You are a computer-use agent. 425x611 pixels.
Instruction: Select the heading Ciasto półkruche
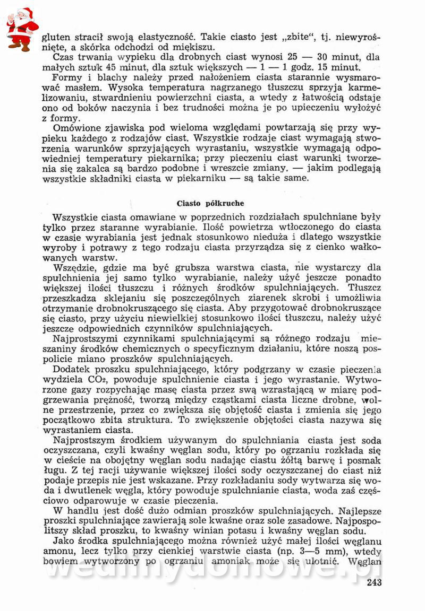click(x=211, y=203)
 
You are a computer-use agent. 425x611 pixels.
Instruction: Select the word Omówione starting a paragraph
click(x=76, y=127)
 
